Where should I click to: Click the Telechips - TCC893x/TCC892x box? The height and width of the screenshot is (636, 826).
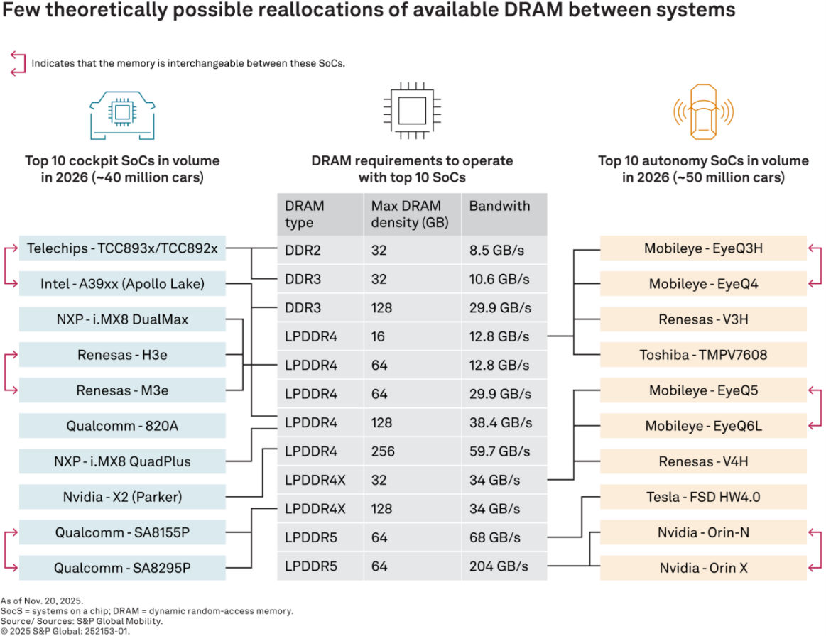[122, 248]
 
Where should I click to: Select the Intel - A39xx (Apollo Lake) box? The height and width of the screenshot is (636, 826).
[122, 284]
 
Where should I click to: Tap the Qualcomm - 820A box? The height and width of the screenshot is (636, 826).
[122, 426]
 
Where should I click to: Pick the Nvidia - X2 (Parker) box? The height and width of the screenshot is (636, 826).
[122, 497]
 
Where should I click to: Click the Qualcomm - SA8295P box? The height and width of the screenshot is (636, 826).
[122, 568]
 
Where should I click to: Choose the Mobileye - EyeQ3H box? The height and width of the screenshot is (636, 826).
[703, 248]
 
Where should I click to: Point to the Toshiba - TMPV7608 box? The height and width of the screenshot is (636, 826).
[703, 355]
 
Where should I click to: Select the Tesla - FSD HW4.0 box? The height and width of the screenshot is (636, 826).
[703, 497]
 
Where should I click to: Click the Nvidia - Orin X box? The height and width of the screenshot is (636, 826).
[703, 568]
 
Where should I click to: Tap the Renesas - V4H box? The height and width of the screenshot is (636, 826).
[703, 461]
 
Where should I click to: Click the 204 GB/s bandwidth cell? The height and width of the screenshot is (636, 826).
[499, 566]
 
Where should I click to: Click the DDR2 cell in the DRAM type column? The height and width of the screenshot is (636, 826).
[303, 251]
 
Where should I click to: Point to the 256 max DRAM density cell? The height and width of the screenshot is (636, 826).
[384, 451]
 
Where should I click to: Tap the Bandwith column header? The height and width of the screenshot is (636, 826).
[499, 207]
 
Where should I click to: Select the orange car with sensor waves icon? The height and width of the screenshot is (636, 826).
[702, 114]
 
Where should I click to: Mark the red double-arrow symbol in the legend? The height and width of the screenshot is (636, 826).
[18, 63]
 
